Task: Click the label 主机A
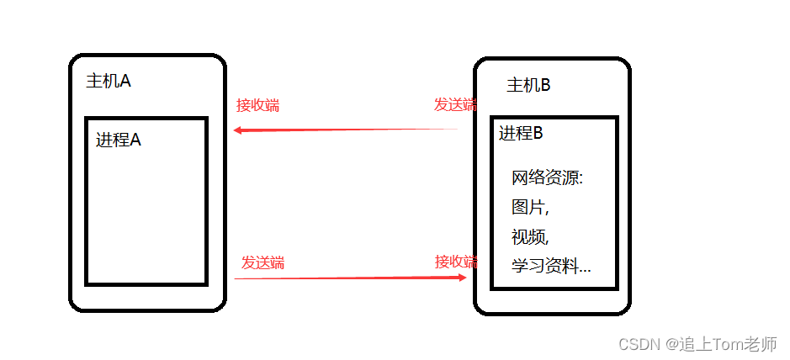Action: coord(108,81)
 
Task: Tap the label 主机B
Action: coord(528,85)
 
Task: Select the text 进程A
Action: coord(119,140)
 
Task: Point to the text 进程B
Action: coord(521,133)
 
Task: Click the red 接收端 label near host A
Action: coord(257,105)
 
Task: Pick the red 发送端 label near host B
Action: coord(454,104)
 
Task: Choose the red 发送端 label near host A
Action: coord(262,262)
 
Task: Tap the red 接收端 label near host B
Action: coord(455,262)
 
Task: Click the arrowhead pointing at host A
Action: coord(238,130)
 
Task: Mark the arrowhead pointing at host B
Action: coord(462,277)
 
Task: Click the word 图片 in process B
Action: coord(528,207)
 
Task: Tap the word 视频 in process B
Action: coord(528,236)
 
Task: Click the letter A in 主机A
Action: coord(125,81)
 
